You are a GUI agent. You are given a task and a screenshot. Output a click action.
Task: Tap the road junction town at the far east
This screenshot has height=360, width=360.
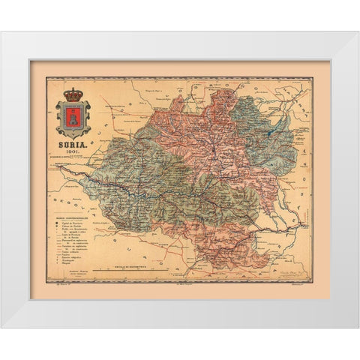point(303,224)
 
